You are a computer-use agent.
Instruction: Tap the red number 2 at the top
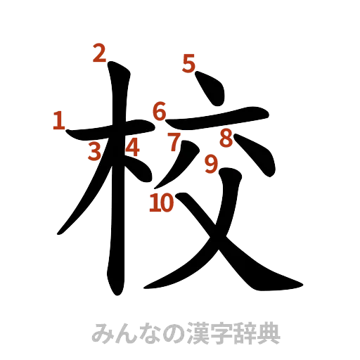click(99, 53)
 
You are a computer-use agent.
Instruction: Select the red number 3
click(94, 151)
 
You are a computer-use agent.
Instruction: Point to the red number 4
click(131, 146)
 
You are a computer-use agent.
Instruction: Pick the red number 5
click(188, 63)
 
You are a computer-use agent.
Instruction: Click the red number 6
click(160, 110)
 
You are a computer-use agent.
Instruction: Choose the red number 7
click(174, 141)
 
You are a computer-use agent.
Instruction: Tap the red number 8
click(225, 138)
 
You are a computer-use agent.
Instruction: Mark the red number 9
click(210, 164)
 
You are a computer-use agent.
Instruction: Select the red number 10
click(161, 202)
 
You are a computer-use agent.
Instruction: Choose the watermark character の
click(176, 332)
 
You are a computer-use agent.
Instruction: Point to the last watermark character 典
click(269, 332)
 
